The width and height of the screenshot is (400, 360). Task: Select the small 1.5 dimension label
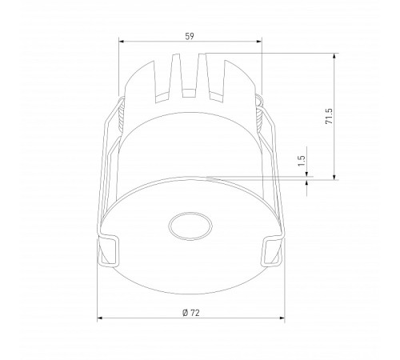pos(301,161)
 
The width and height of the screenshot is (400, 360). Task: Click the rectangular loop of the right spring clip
pos(272,249)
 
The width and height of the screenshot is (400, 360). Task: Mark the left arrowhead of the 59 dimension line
pos(121,43)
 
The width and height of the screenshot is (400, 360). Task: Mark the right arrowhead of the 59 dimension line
pos(260,43)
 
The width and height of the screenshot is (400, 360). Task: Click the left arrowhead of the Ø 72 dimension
pos(100,318)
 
